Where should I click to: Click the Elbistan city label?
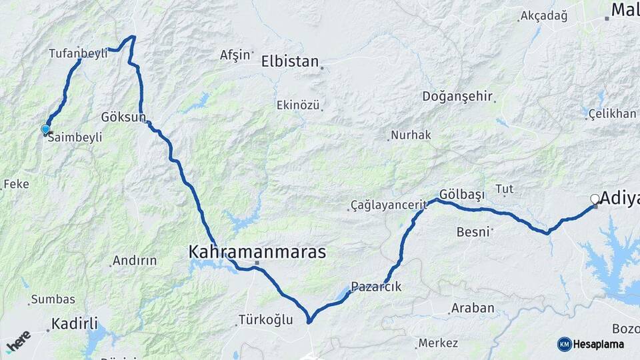(x=290, y=61)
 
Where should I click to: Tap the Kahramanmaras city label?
(x=257, y=253)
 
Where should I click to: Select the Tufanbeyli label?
(x=78, y=53)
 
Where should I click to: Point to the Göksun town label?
(x=123, y=117)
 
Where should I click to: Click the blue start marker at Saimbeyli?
(x=45, y=129)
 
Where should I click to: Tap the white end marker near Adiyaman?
(x=595, y=199)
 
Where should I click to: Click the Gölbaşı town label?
(x=462, y=193)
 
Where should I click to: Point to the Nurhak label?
(x=411, y=135)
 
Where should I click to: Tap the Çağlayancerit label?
(x=387, y=205)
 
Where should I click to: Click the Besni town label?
(x=473, y=232)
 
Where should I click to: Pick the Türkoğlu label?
(x=265, y=320)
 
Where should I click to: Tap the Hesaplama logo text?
(x=599, y=344)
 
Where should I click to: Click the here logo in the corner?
(x=18, y=341)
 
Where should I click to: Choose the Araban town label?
(x=473, y=308)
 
